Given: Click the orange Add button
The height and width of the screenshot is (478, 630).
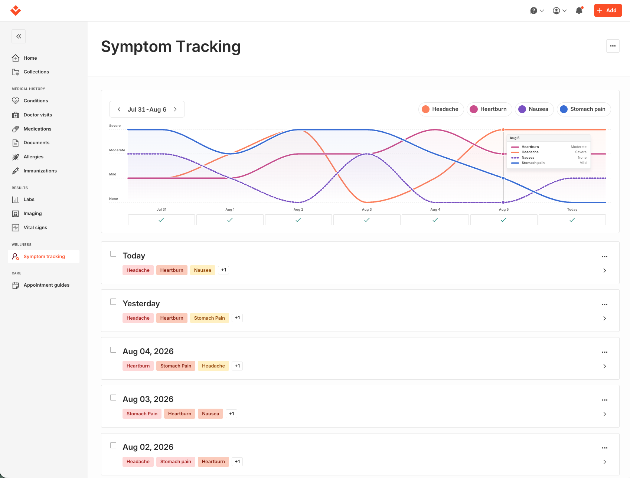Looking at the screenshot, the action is point(608,10).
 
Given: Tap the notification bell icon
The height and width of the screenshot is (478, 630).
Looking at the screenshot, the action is point(579,10).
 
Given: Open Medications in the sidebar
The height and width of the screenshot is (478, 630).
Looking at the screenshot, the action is point(37,129).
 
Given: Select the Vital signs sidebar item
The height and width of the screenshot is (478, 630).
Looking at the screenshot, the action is point(35,227).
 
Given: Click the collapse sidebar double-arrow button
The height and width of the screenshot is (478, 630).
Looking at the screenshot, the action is point(19,36).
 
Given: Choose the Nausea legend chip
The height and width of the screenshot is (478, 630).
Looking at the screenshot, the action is point(534,109).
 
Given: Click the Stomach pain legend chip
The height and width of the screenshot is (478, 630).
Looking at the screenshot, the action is point(584,109).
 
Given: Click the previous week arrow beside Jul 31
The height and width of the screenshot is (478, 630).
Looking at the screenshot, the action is point(119,109).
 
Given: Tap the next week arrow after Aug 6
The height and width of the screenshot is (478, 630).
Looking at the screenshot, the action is point(175,109).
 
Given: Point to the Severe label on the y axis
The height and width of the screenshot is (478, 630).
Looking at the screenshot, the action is point(115,126).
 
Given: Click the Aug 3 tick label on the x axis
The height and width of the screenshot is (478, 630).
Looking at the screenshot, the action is point(367,210).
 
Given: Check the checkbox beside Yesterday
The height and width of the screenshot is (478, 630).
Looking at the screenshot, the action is point(113,302).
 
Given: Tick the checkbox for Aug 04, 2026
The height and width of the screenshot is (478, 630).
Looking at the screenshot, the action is point(113,350).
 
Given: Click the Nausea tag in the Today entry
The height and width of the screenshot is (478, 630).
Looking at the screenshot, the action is point(202,270).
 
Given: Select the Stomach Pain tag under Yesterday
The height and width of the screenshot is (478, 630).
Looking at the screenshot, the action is point(209,318).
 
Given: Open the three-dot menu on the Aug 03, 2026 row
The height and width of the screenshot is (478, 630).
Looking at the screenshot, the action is point(605,400).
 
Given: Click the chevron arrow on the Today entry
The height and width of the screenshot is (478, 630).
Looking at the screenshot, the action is point(605,271).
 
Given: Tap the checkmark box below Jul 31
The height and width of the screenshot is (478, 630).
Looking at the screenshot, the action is point(161,220).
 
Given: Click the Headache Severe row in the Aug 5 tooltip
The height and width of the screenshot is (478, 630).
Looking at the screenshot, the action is point(549,152).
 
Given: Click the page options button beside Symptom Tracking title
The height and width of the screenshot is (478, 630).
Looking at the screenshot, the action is point(613,46).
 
